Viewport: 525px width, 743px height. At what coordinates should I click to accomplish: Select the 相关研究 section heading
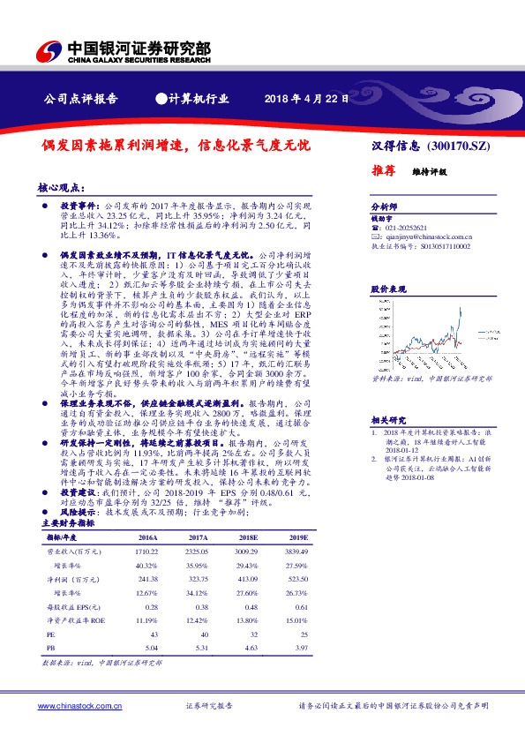tap(387, 421)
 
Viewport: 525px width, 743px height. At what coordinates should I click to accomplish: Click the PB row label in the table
tap(51, 647)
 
